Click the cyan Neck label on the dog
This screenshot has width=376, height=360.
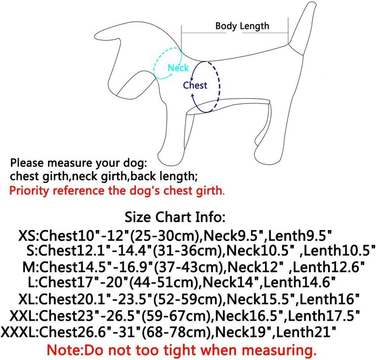pyautogui.click(x=178, y=68)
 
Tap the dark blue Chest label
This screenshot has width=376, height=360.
pyautogui.click(x=195, y=85)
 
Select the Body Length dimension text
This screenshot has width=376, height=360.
pyautogui.click(x=242, y=26)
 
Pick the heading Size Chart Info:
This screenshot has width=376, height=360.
pyautogui.click(x=175, y=217)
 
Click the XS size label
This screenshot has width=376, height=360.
pyautogui.click(x=27, y=236)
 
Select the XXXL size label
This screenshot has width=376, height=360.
pyautogui.click(x=18, y=332)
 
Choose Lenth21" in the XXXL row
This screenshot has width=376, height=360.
pyautogui.click(x=306, y=332)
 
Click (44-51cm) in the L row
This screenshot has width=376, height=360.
pyautogui.click(x=165, y=282)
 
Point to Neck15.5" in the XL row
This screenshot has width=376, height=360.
pyautogui.click(x=261, y=299)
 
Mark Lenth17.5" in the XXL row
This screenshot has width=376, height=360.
pyautogui.click(x=324, y=316)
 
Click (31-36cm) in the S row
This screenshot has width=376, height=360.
pyautogui.click(x=189, y=250)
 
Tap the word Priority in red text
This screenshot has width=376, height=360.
pyautogui.click(x=29, y=191)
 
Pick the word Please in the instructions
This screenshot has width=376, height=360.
pyautogui.click(x=27, y=163)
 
